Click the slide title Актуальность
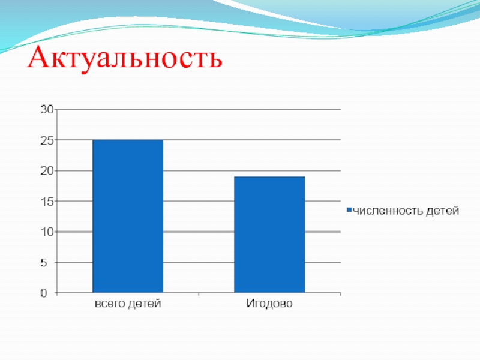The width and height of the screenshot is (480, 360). [125, 58]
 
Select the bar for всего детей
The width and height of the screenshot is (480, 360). [128, 216]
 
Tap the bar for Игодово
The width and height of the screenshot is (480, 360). [269, 235]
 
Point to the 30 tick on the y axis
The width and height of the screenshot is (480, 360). [47, 109]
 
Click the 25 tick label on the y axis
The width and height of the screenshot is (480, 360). [47, 140]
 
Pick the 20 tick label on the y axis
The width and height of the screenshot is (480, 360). [47, 171]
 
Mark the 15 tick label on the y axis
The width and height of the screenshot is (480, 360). [47, 202]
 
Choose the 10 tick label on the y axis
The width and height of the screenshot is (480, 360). [47, 232]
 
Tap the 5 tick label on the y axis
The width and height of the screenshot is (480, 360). [43, 263]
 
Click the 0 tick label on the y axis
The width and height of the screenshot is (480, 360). [43, 293]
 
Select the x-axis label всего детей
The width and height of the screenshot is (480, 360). [128, 304]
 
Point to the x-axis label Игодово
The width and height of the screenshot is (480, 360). [269, 304]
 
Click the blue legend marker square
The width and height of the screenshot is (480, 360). [349, 209]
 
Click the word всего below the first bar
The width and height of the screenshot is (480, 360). [110, 304]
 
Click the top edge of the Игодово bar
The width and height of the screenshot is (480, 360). [269, 176]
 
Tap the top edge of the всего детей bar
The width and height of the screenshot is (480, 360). [128, 140]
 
